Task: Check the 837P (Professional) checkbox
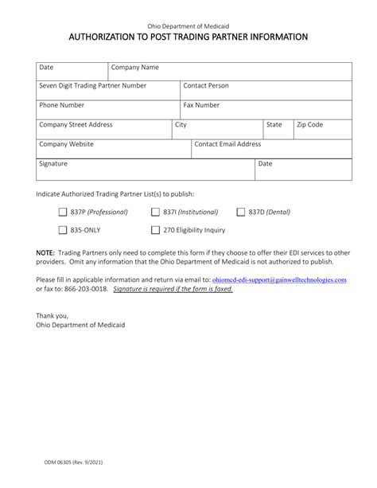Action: [63, 213]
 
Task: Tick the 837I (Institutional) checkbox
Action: [156, 213]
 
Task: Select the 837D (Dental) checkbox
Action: [241, 213]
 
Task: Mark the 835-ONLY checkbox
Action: [63, 230]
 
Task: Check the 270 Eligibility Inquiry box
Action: [156, 230]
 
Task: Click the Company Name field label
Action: [135, 68]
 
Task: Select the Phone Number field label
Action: [61, 104]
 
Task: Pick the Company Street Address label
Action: [76, 125]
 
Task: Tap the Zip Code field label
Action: [309, 125]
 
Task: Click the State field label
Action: [274, 125]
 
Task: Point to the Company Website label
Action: [66, 144]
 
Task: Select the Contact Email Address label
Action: [227, 144]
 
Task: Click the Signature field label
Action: [53, 163]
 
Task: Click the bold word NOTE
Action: [45, 252]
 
